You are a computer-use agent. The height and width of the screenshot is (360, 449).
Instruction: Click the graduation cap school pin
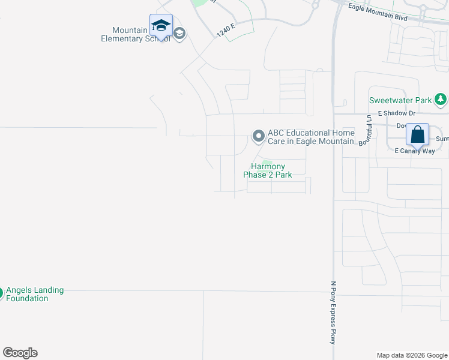click(161, 26)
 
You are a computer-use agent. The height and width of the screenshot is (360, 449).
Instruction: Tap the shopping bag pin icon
click(418, 134)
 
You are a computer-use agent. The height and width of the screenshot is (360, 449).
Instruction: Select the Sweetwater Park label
click(400, 100)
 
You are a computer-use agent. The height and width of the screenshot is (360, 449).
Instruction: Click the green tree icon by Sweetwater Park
click(441, 99)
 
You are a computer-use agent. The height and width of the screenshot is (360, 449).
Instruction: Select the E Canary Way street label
click(414, 151)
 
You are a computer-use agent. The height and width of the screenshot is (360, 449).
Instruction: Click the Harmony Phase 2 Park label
click(267, 171)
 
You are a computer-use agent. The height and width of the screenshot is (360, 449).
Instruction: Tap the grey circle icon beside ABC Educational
click(258, 136)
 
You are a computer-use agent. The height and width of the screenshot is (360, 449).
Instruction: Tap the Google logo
click(20, 353)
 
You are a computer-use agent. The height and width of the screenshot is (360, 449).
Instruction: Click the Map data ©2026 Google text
click(411, 355)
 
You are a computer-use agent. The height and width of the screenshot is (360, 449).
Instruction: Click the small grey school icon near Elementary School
click(179, 34)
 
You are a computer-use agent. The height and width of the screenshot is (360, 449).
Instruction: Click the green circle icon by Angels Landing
click(1, 293)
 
